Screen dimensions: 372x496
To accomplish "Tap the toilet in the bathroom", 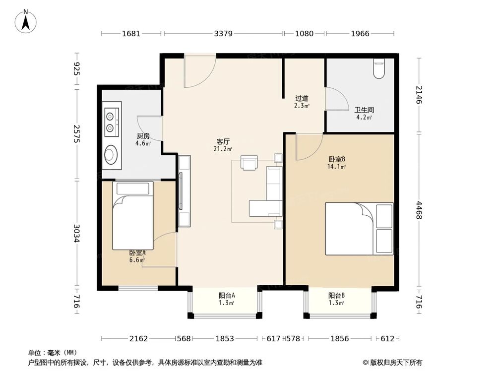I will point(379,68).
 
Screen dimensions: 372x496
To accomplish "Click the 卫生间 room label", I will point(364,110).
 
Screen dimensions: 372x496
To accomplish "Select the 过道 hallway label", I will point(302,98).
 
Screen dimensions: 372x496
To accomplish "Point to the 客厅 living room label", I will point(222,141).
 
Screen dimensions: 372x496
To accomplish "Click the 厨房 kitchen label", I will point(143,136).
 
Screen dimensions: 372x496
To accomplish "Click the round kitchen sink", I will point(112,155).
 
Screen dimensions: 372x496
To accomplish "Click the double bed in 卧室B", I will point(359,228).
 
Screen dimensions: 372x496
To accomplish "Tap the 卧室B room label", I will point(337,159).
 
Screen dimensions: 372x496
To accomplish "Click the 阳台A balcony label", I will point(226,296).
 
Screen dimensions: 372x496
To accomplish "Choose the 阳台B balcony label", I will point(336,296).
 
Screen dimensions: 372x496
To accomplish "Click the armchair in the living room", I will point(249,163).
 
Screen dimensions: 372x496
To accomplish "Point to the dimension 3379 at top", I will point(223,34).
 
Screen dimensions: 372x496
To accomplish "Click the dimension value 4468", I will point(419,210).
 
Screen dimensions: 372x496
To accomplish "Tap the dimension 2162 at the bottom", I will point(138,339).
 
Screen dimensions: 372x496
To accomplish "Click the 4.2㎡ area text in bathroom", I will point(364,118).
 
